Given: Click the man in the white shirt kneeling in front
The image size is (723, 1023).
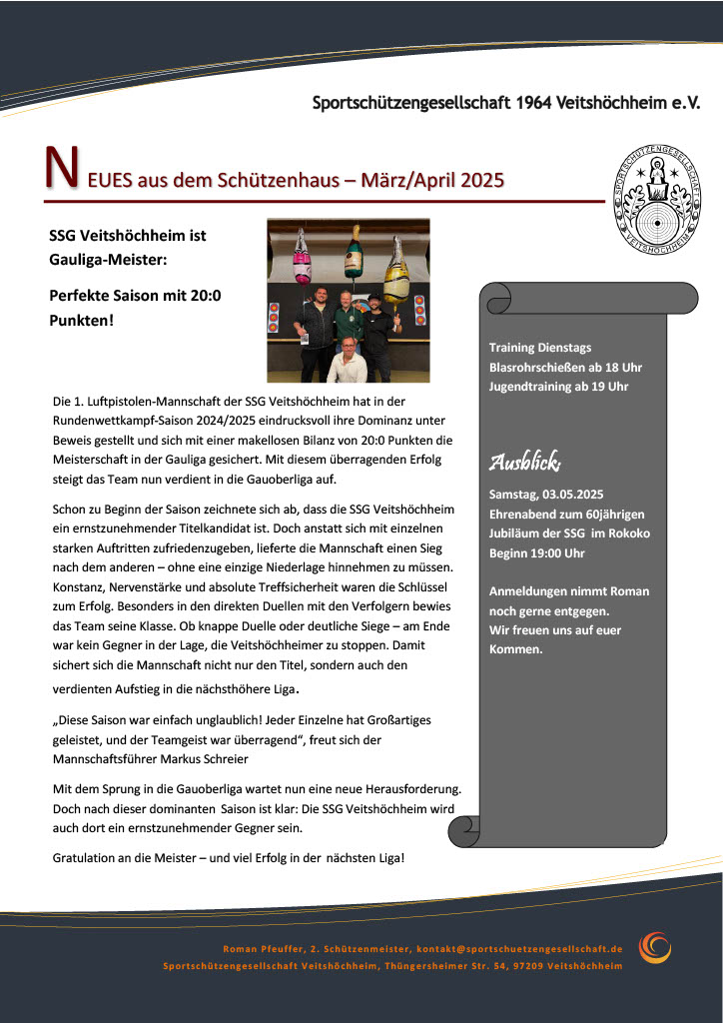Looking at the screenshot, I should [347, 361].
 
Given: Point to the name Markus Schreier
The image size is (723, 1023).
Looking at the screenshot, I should [200, 758].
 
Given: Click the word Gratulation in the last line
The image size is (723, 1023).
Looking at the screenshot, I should [86, 858].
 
